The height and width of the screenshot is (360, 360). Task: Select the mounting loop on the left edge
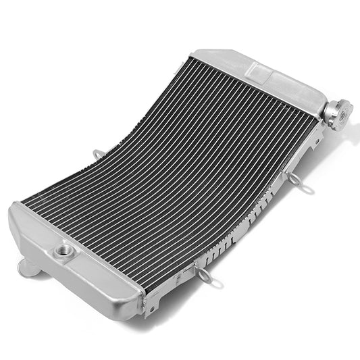[x=98, y=155]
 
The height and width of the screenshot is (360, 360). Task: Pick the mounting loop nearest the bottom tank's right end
[x=203, y=274]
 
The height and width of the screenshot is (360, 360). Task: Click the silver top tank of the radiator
[x=270, y=74]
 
